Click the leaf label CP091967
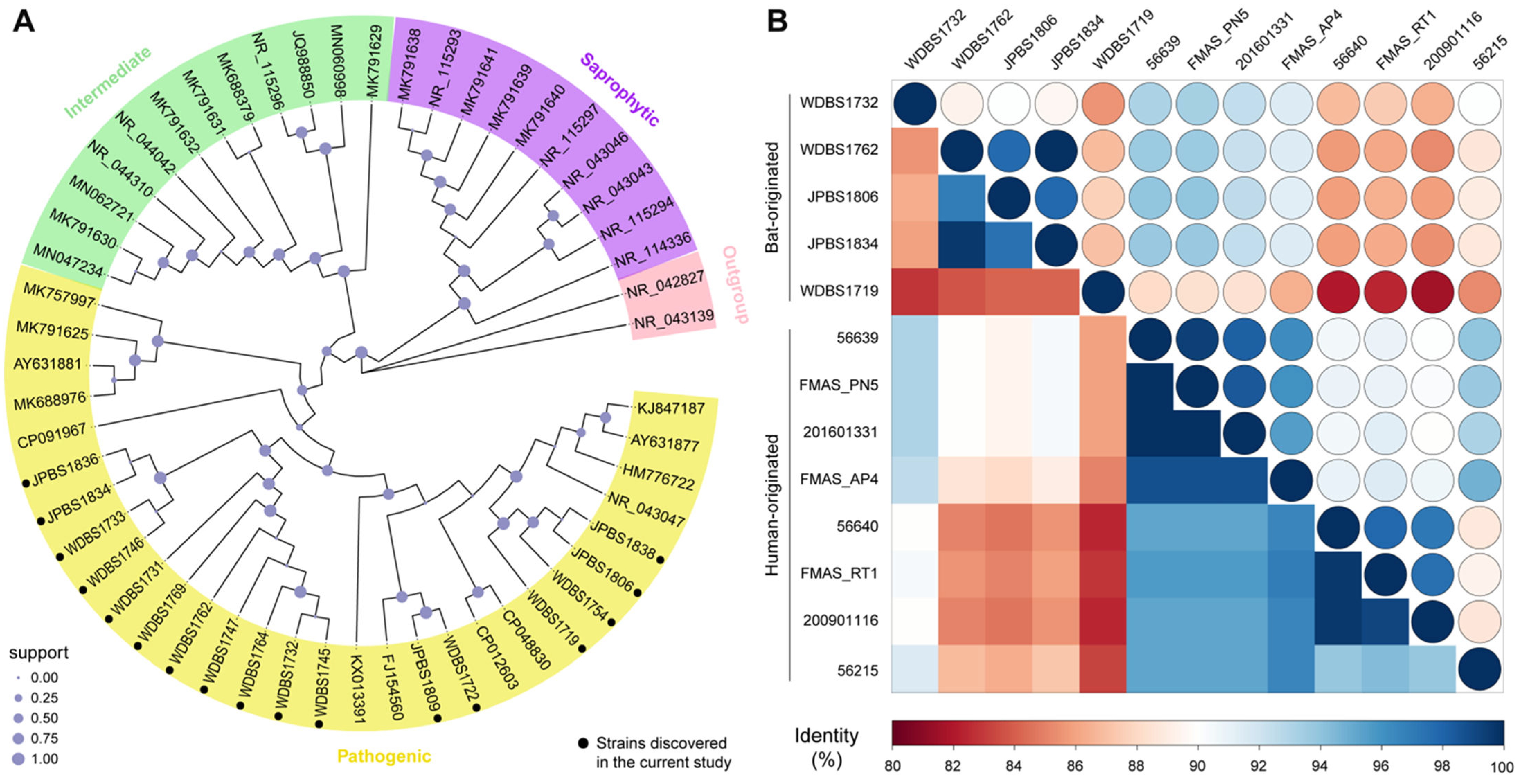tap(51, 435)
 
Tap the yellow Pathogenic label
tap(384, 756)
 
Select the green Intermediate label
tap(107, 83)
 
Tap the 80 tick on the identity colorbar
tap(892, 766)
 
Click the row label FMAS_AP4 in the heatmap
tap(839, 479)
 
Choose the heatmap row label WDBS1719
tap(839, 291)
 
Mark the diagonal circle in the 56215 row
tap(1479, 670)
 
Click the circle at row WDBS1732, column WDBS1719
tap(1103, 103)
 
